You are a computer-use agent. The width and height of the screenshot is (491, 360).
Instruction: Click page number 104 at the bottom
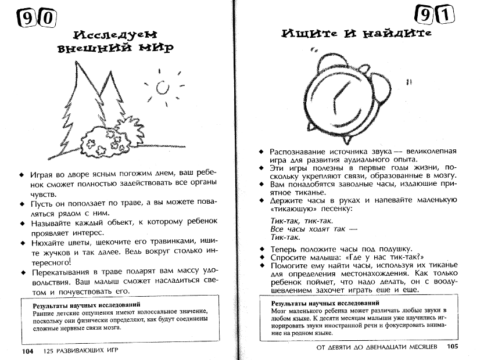tap(27, 351)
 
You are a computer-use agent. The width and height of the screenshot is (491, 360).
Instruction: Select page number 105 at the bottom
tap(453, 347)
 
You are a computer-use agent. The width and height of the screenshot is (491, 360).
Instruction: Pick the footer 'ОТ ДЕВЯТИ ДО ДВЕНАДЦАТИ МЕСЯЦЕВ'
tap(376, 347)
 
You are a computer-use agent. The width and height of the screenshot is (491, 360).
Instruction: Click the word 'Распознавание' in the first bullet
tap(299, 151)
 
